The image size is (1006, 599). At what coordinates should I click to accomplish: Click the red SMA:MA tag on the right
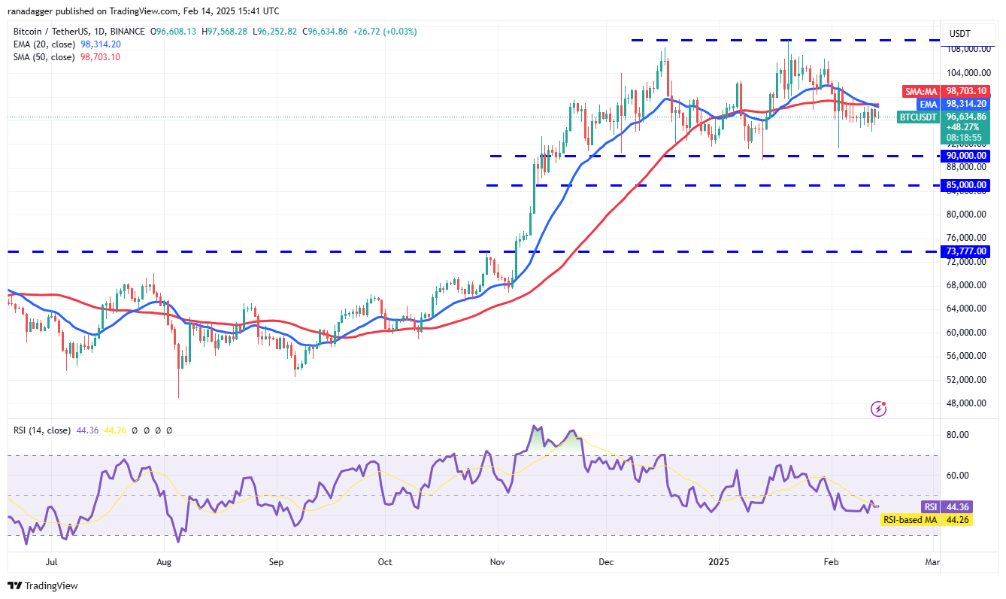920,90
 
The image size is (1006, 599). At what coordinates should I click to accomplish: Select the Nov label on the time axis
496,561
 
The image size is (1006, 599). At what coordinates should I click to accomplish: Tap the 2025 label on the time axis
720,561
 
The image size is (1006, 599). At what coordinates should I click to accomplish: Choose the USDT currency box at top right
960,33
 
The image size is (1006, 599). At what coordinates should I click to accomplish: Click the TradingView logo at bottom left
43,585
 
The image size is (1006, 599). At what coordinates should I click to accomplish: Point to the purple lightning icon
878,409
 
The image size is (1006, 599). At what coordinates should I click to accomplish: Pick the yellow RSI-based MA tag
910,519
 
